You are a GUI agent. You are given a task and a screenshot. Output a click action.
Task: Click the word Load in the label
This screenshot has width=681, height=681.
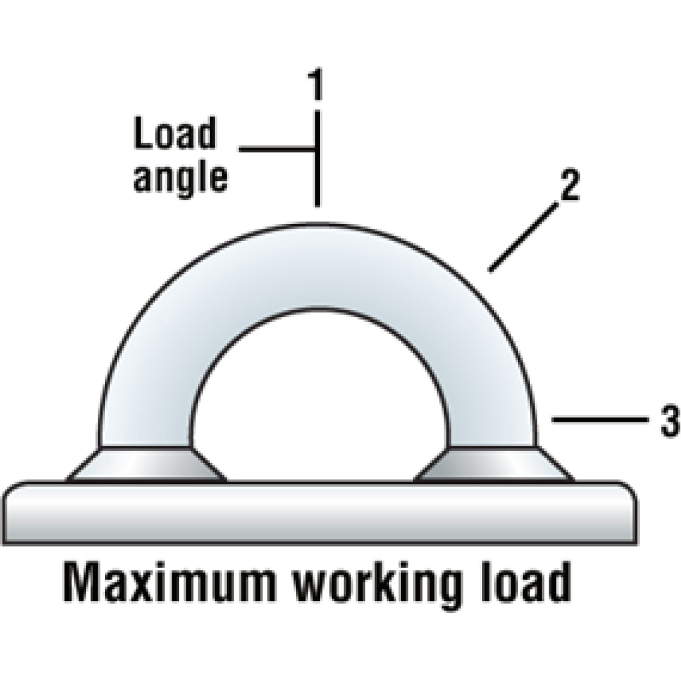point(175,132)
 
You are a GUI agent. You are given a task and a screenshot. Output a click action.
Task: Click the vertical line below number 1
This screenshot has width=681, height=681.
point(317,158)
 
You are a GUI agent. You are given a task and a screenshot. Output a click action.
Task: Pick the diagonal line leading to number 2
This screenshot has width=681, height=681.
point(523,238)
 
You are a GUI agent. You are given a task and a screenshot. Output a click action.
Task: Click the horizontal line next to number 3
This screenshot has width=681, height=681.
point(600,420)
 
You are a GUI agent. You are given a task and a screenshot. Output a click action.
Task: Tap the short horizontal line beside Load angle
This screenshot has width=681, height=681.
point(277,150)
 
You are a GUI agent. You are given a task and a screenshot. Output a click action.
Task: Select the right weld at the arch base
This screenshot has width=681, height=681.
point(494,464)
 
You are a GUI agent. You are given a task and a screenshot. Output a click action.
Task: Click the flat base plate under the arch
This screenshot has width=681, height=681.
point(321,513)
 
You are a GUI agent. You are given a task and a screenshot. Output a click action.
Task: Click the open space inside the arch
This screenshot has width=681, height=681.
point(319,404)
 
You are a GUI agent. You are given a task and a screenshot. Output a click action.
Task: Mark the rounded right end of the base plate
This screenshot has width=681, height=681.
point(630,513)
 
